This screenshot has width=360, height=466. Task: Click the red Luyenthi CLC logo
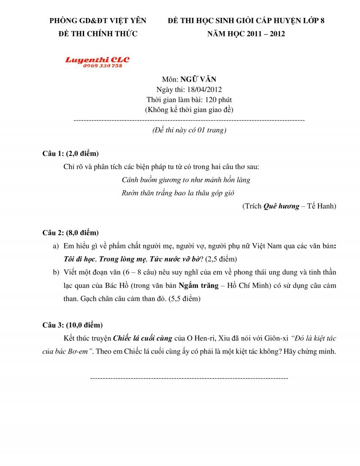[x=97, y=59]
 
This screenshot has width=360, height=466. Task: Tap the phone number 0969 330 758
[x=102, y=66]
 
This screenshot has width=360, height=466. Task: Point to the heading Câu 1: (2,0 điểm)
[x=71, y=154]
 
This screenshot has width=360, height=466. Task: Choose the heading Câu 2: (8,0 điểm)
[x=71, y=233]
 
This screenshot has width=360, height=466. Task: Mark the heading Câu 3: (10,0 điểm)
[x=72, y=325]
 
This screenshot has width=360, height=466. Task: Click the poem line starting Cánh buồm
[x=186, y=180]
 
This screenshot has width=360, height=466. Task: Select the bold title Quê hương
[x=281, y=206]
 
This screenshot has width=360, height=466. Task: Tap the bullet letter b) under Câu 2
[x=56, y=272]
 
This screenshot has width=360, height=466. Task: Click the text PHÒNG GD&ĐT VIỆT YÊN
[x=98, y=21]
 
